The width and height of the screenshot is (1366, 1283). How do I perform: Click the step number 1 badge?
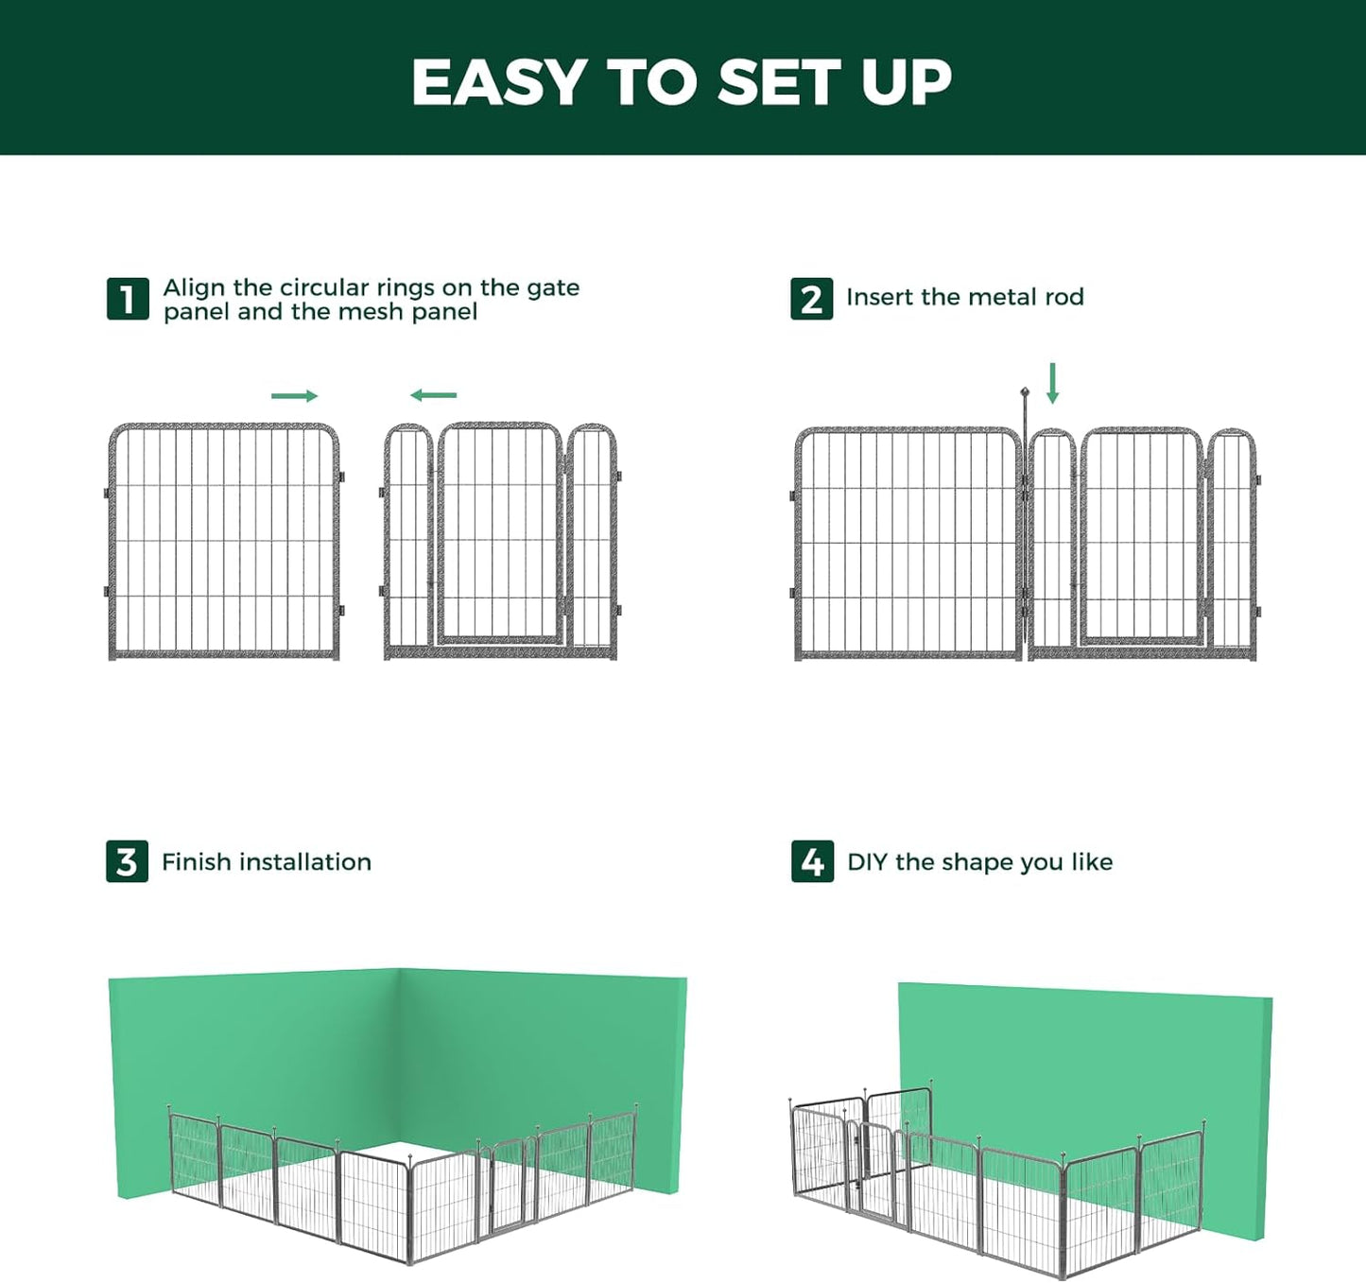[128, 300]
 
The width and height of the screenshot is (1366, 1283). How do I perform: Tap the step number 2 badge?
[811, 300]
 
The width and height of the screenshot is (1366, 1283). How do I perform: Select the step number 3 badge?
[127, 861]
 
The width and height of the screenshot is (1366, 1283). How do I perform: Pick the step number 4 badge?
[812, 861]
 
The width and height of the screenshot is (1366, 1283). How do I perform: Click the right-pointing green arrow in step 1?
[294, 396]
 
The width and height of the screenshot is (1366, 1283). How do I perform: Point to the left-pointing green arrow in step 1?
[434, 395]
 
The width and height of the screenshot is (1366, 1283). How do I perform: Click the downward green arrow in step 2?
[1052, 383]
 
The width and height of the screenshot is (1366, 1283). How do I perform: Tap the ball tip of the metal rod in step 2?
[1024, 390]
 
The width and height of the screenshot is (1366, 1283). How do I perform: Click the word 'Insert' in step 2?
[880, 297]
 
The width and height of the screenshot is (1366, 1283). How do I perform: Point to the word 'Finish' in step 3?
[197, 862]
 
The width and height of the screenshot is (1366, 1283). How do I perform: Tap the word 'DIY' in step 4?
[867, 862]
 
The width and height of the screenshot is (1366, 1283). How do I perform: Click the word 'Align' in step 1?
[194, 287]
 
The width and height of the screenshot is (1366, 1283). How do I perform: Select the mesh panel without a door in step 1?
[224, 541]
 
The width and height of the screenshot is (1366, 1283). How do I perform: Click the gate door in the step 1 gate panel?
[499, 534]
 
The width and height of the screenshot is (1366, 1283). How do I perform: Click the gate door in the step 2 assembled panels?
[1142, 537]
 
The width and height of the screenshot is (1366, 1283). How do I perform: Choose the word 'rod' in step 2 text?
[1064, 297]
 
